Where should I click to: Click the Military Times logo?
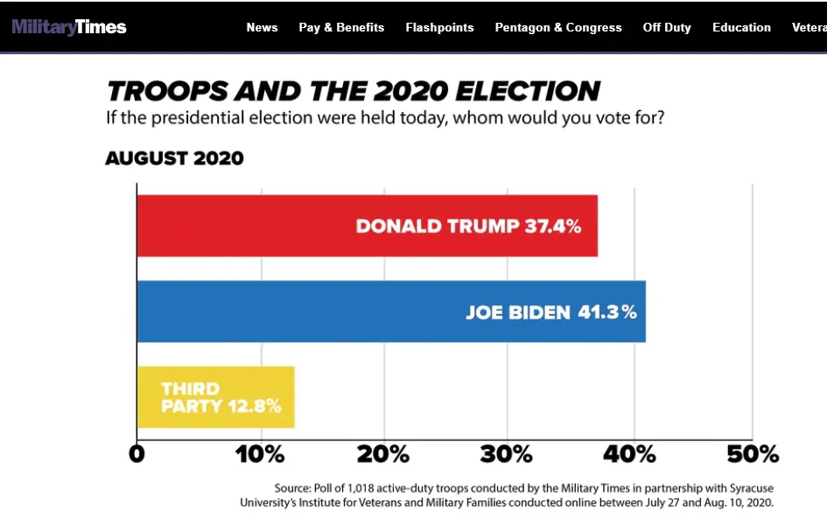coord(69,27)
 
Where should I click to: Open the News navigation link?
coord(262,27)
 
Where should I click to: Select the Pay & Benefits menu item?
coord(341,27)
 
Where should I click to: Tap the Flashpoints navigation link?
coord(439,27)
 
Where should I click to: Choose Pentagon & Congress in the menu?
coord(558,27)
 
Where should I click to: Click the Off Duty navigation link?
coord(667,27)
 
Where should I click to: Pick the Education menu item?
coord(741,27)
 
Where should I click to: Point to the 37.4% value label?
coord(553,227)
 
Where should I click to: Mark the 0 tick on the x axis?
coord(137,455)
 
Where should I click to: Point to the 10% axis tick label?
coord(260,455)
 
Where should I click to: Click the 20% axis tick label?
coord(384,455)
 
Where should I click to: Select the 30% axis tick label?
coord(508,455)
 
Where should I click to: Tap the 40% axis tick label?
coord(631,455)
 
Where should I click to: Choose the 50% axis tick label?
coord(754,455)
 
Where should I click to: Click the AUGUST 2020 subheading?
coord(174,158)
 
